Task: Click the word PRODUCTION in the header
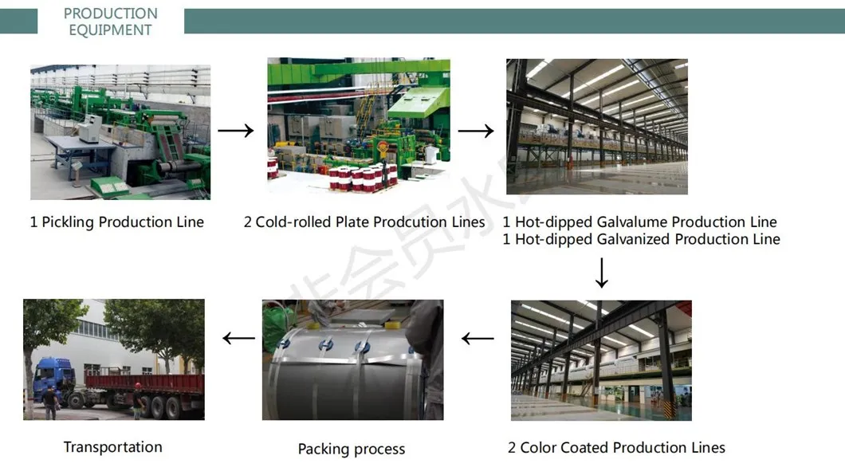pyautogui.click(x=111, y=14)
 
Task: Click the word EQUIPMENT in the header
pyautogui.click(x=111, y=30)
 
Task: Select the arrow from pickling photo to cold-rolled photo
pyautogui.click(x=236, y=131)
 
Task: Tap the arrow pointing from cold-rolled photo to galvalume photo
pyautogui.click(x=476, y=131)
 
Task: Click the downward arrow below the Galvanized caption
pyautogui.click(x=602, y=273)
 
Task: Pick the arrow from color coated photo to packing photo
pyautogui.click(x=478, y=339)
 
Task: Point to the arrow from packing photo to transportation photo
pyautogui.click(x=238, y=339)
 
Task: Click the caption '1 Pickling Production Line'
pyautogui.click(x=117, y=222)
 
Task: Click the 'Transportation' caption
pyautogui.click(x=113, y=447)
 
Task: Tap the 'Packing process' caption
pyautogui.click(x=352, y=449)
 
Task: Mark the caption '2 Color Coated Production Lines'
pyautogui.click(x=616, y=448)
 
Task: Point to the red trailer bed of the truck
pyautogui.click(x=143, y=382)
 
